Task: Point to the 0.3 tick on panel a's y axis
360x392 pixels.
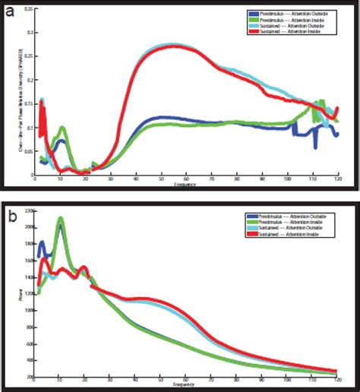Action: click(x=28, y=33)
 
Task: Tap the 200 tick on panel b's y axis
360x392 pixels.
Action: click(x=29, y=377)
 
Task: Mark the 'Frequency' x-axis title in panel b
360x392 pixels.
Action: click(x=186, y=387)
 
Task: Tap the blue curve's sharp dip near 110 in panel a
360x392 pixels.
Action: click(x=315, y=147)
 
